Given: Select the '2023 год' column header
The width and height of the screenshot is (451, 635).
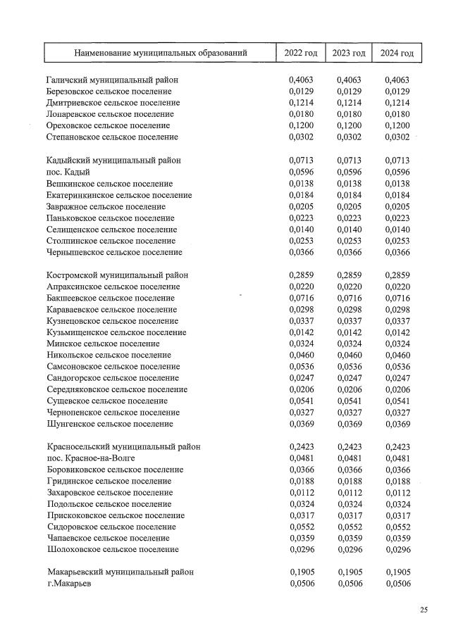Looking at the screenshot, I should pos(348,53).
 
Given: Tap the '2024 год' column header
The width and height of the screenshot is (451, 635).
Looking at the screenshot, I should pos(396,53).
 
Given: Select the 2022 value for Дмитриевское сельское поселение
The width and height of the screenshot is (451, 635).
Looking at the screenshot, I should pos(300,103).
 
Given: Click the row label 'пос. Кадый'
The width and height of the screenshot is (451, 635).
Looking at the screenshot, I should pos(68,172).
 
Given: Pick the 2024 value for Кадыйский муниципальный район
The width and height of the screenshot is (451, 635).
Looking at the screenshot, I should pos(397,161).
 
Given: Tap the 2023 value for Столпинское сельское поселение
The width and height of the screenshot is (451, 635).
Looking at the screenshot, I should pos(349,241).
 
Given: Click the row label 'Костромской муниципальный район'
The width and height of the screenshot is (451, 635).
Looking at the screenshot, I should pos(117,275).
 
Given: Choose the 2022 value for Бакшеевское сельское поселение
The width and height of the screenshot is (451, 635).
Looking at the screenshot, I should pos(300,298).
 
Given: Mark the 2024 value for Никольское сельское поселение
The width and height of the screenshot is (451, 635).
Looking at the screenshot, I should pos(397,356).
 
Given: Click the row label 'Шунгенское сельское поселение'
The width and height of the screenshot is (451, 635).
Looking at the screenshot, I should pos(110,425).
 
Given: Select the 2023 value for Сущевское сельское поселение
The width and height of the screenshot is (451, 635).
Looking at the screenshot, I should pos(349,401).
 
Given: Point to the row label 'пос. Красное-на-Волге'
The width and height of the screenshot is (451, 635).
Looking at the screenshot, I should pos(91,458).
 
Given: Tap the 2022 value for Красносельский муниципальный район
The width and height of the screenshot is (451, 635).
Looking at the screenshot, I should pos(301,447).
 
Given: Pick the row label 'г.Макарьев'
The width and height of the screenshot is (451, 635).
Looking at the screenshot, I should pos(69,584).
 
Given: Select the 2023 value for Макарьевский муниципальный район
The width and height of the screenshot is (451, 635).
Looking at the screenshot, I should pos(350,572).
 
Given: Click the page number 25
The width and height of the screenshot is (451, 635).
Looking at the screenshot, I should pos(424,610).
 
